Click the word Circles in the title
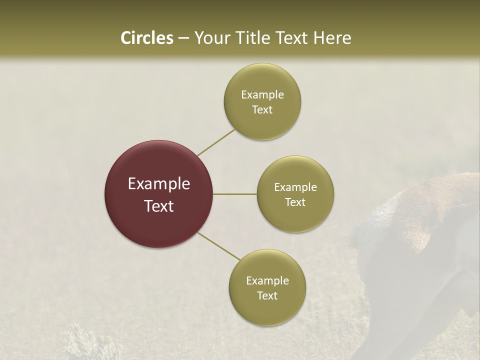(x=146, y=38)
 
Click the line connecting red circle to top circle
(x=216, y=142)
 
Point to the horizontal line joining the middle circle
(x=235, y=194)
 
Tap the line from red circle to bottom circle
(x=219, y=246)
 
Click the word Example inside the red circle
(x=159, y=184)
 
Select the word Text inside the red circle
(x=159, y=206)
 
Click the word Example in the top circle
(x=262, y=95)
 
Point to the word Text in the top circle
(x=262, y=110)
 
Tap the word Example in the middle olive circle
(x=295, y=187)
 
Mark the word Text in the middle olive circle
(x=295, y=202)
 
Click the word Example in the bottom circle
(x=267, y=281)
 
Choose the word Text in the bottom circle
(x=267, y=296)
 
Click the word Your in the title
(x=210, y=38)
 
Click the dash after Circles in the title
(x=183, y=38)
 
